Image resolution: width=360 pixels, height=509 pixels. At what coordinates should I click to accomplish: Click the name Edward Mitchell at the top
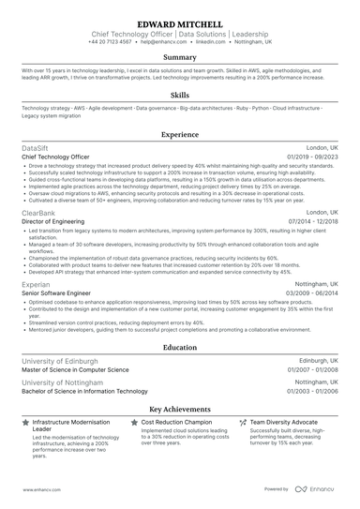(179, 23)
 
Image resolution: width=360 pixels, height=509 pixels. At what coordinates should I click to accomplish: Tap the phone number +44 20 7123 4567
(111, 42)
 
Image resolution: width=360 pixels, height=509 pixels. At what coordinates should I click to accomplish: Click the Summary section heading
(179, 57)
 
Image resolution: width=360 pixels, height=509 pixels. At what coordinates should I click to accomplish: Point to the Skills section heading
(179, 95)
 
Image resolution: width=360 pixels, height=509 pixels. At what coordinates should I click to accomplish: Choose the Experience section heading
(179, 135)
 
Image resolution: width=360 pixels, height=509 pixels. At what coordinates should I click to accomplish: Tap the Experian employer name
(37, 283)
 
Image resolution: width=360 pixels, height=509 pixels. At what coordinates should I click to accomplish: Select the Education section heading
(179, 347)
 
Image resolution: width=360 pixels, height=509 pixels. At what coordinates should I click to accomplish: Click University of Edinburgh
(60, 360)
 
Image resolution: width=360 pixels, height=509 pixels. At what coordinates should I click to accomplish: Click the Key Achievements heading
(179, 409)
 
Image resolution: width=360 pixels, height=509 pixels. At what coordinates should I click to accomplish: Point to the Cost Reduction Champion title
(176, 423)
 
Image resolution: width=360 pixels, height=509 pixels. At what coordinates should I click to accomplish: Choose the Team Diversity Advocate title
(286, 423)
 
